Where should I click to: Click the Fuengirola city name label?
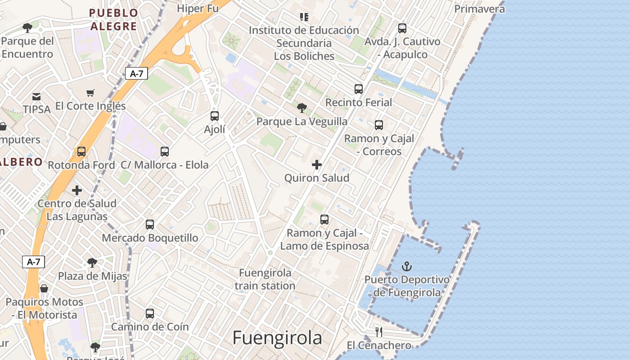[277, 338]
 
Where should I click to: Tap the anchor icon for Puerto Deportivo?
[407, 266]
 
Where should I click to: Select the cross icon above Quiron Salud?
[317, 165]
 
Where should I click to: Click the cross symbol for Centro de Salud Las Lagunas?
[77, 190]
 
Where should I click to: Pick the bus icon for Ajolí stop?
[215, 116]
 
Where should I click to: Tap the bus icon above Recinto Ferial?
[358, 89]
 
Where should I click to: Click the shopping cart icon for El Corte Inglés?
[90, 93]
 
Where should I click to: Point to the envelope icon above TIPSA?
[36, 96]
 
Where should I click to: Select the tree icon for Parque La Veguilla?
[302, 108]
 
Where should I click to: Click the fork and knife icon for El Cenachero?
[379, 332]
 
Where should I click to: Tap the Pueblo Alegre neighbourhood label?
[113, 19]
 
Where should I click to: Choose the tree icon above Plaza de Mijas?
[92, 262]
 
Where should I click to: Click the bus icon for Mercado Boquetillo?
[150, 224]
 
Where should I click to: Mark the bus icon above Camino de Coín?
[150, 313]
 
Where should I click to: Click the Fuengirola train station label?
[265, 279]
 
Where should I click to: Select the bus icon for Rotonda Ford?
[81, 152]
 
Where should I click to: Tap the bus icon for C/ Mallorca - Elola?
[165, 151]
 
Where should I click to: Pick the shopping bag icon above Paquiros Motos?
[44, 288]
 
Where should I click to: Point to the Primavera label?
[479, 9]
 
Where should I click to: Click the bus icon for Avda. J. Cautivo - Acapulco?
[402, 28]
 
